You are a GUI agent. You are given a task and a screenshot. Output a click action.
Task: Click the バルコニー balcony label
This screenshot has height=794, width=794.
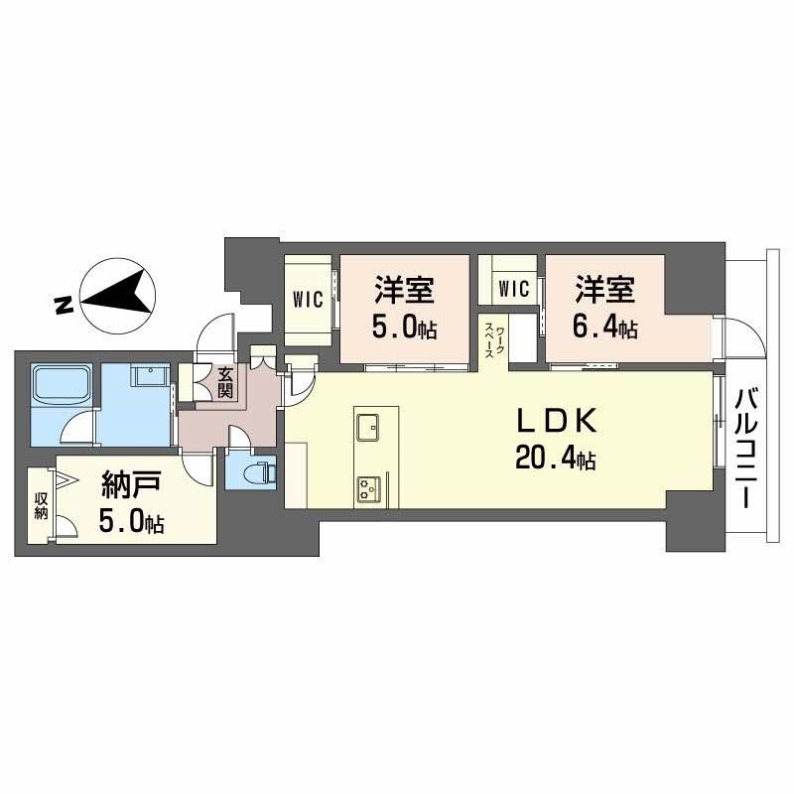(745, 447)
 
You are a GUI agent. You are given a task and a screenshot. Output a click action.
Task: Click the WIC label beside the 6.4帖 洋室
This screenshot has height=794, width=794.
(513, 289)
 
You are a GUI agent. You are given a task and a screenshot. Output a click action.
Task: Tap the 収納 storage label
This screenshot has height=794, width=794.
(41, 505)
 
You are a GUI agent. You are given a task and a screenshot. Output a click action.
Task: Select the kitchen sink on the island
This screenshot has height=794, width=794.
(367, 428)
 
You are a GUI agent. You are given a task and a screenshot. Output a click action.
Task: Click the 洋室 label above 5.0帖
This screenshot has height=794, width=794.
(405, 292)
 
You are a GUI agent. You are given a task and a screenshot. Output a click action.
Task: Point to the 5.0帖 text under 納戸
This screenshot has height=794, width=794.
(132, 522)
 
